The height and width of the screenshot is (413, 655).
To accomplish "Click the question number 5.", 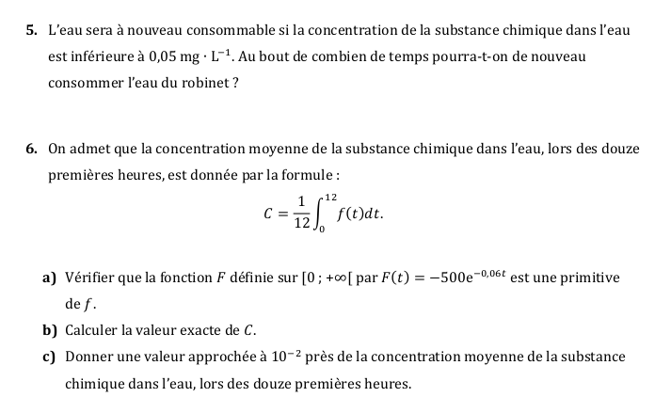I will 33,33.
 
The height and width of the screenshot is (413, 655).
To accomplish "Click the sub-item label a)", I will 48,278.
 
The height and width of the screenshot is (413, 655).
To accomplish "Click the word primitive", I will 589,278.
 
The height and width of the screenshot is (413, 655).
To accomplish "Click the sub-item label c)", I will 48,357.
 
